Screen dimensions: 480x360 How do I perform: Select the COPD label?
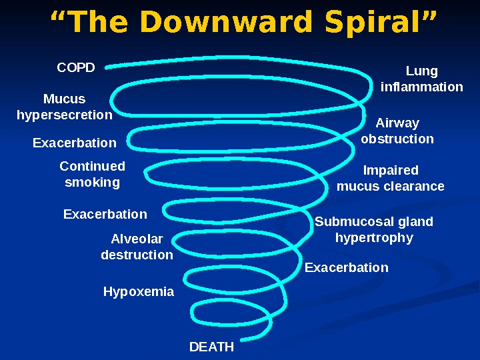tap(76, 67)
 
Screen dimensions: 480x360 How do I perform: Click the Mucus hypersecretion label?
tap(65, 107)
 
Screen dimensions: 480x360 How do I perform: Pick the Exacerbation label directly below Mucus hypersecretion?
tap(75, 143)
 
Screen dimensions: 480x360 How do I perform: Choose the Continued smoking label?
tap(93, 174)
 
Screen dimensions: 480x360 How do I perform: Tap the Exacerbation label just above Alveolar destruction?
tap(105, 214)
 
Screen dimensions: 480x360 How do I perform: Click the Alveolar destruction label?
tap(137, 247)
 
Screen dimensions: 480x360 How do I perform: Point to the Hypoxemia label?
tap(139, 291)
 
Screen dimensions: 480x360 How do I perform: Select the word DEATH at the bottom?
tap(212, 347)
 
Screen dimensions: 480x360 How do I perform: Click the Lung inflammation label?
tap(421, 79)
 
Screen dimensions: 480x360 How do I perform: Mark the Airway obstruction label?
tap(397, 131)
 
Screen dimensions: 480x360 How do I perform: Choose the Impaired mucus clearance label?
tap(391, 178)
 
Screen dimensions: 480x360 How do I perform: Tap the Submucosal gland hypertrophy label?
tap(374, 229)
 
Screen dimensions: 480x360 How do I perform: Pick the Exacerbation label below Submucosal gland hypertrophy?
tap(347, 267)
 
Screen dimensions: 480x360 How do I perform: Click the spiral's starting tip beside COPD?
tap(109, 65)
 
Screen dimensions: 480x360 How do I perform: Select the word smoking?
tap(93, 182)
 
